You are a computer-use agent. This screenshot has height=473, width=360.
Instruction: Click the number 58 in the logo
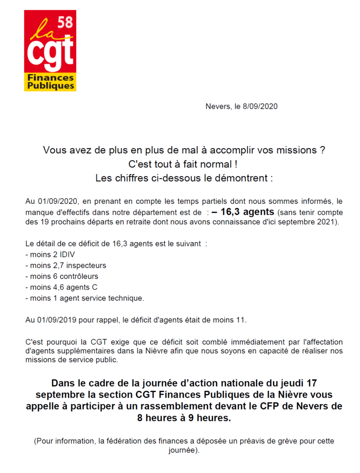(x=65, y=22)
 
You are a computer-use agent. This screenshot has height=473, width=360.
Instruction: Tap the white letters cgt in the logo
(x=50, y=53)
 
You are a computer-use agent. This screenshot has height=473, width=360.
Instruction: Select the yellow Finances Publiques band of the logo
(x=50, y=82)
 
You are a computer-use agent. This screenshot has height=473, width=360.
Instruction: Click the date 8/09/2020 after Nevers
(x=260, y=107)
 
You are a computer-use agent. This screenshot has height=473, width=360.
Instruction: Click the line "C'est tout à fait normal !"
(x=184, y=164)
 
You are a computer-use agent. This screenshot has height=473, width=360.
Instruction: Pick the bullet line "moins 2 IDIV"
(x=50, y=255)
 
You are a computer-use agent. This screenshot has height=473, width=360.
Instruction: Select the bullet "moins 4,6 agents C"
(x=60, y=287)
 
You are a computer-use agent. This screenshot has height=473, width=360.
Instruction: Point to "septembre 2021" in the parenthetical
(x=313, y=223)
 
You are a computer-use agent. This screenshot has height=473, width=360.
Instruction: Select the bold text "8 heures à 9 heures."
(x=184, y=418)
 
